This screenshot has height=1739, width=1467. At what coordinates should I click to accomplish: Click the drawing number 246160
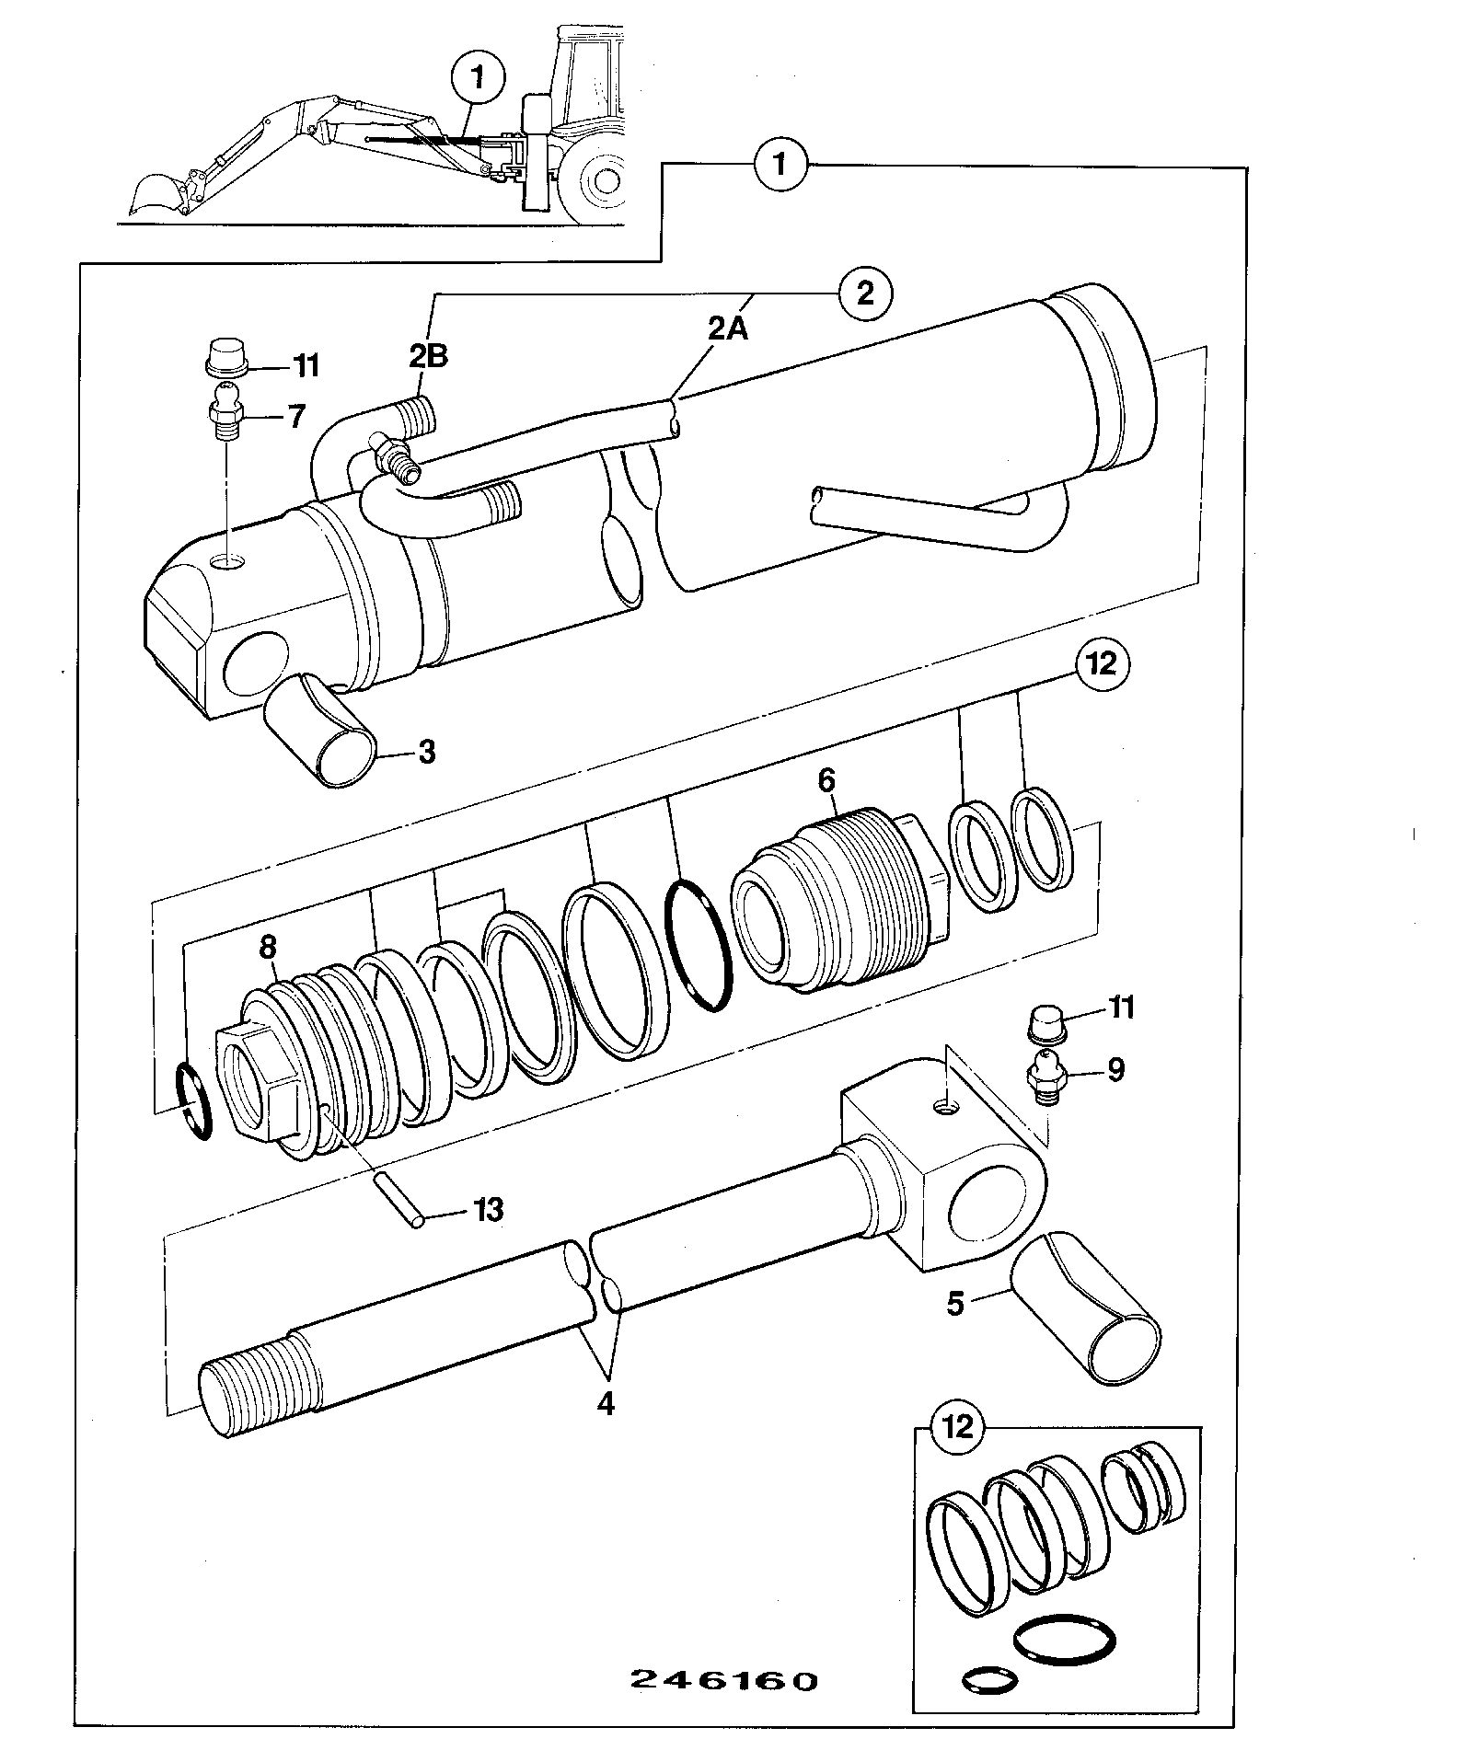point(724,1680)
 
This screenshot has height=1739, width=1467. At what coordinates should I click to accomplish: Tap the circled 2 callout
point(864,294)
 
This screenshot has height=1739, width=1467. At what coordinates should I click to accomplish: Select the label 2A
point(728,328)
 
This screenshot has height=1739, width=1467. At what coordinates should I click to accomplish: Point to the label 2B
point(429,355)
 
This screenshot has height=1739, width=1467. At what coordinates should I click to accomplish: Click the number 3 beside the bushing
point(426,752)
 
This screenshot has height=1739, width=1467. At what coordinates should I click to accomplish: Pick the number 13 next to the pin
point(489,1209)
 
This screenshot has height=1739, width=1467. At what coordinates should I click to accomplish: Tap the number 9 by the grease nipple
point(1115,1070)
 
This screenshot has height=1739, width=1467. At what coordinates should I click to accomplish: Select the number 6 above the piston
point(826,781)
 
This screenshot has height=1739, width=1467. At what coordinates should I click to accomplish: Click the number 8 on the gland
point(268,947)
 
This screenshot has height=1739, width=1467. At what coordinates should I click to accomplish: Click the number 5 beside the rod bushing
point(955,1303)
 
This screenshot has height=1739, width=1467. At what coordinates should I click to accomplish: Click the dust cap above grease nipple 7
point(224,357)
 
